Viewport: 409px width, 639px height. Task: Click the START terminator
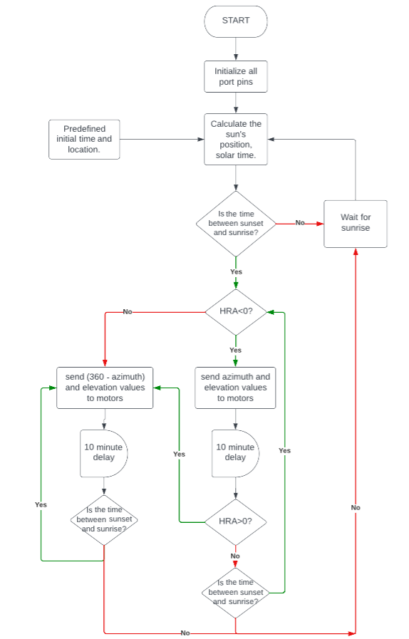coord(236,21)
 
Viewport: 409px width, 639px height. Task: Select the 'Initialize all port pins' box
coord(236,77)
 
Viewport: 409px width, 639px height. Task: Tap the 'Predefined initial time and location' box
coord(84,139)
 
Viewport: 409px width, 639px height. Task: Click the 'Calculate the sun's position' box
coord(236,139)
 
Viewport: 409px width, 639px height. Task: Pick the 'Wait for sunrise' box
coord(355,223)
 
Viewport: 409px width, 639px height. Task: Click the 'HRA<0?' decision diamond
coord(236,312)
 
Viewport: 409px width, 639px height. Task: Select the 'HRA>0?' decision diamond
coord(236,521)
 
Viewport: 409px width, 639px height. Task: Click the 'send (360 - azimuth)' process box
coord(105,388)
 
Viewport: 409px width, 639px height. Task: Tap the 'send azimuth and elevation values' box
coord(236,388)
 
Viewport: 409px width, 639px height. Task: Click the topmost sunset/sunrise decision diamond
coord(236,223)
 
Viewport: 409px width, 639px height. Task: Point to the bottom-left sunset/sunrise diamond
coord(104,520)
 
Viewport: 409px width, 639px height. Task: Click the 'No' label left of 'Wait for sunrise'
coord(300,223)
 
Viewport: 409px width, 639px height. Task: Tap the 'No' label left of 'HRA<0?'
coord(128,312)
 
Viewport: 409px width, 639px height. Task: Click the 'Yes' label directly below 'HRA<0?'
coord(236,350)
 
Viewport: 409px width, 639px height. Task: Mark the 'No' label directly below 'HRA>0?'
coord(236,556)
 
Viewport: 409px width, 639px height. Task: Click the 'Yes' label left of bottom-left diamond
coord(41,504)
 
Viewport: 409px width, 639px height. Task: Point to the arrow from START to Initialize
coord(236,48)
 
